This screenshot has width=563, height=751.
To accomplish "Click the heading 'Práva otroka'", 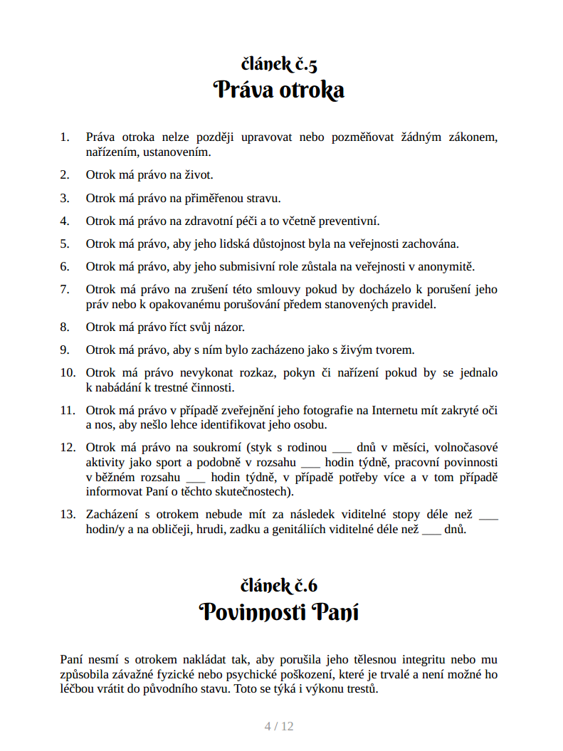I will point(279,90).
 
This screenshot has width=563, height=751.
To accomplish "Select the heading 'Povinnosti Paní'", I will point(279,611).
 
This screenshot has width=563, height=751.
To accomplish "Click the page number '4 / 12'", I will point(279,726).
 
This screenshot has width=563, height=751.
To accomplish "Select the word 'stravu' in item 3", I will point(263,198).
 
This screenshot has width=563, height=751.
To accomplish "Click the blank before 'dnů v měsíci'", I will point(342,448).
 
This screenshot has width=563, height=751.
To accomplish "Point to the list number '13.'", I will point(68,514).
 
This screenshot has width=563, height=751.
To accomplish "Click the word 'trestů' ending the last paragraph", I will point(361,690).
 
